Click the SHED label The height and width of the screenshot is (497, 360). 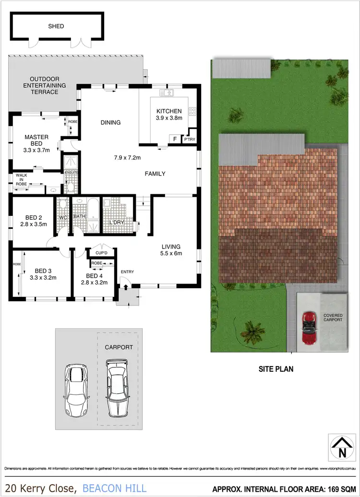pos(55,26)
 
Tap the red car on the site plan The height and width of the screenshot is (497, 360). pos(309,329)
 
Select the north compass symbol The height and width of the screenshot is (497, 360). pos(342,446)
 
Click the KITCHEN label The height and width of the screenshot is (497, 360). pos(168,111)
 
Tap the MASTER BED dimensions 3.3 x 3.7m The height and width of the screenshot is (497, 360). pos(36,150)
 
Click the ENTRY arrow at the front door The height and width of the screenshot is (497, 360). pos(126,287)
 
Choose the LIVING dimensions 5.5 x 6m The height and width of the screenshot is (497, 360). pos(171,254)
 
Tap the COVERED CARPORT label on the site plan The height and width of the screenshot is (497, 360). pos(333,318)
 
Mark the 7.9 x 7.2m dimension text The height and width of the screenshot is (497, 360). pos(127,157)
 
